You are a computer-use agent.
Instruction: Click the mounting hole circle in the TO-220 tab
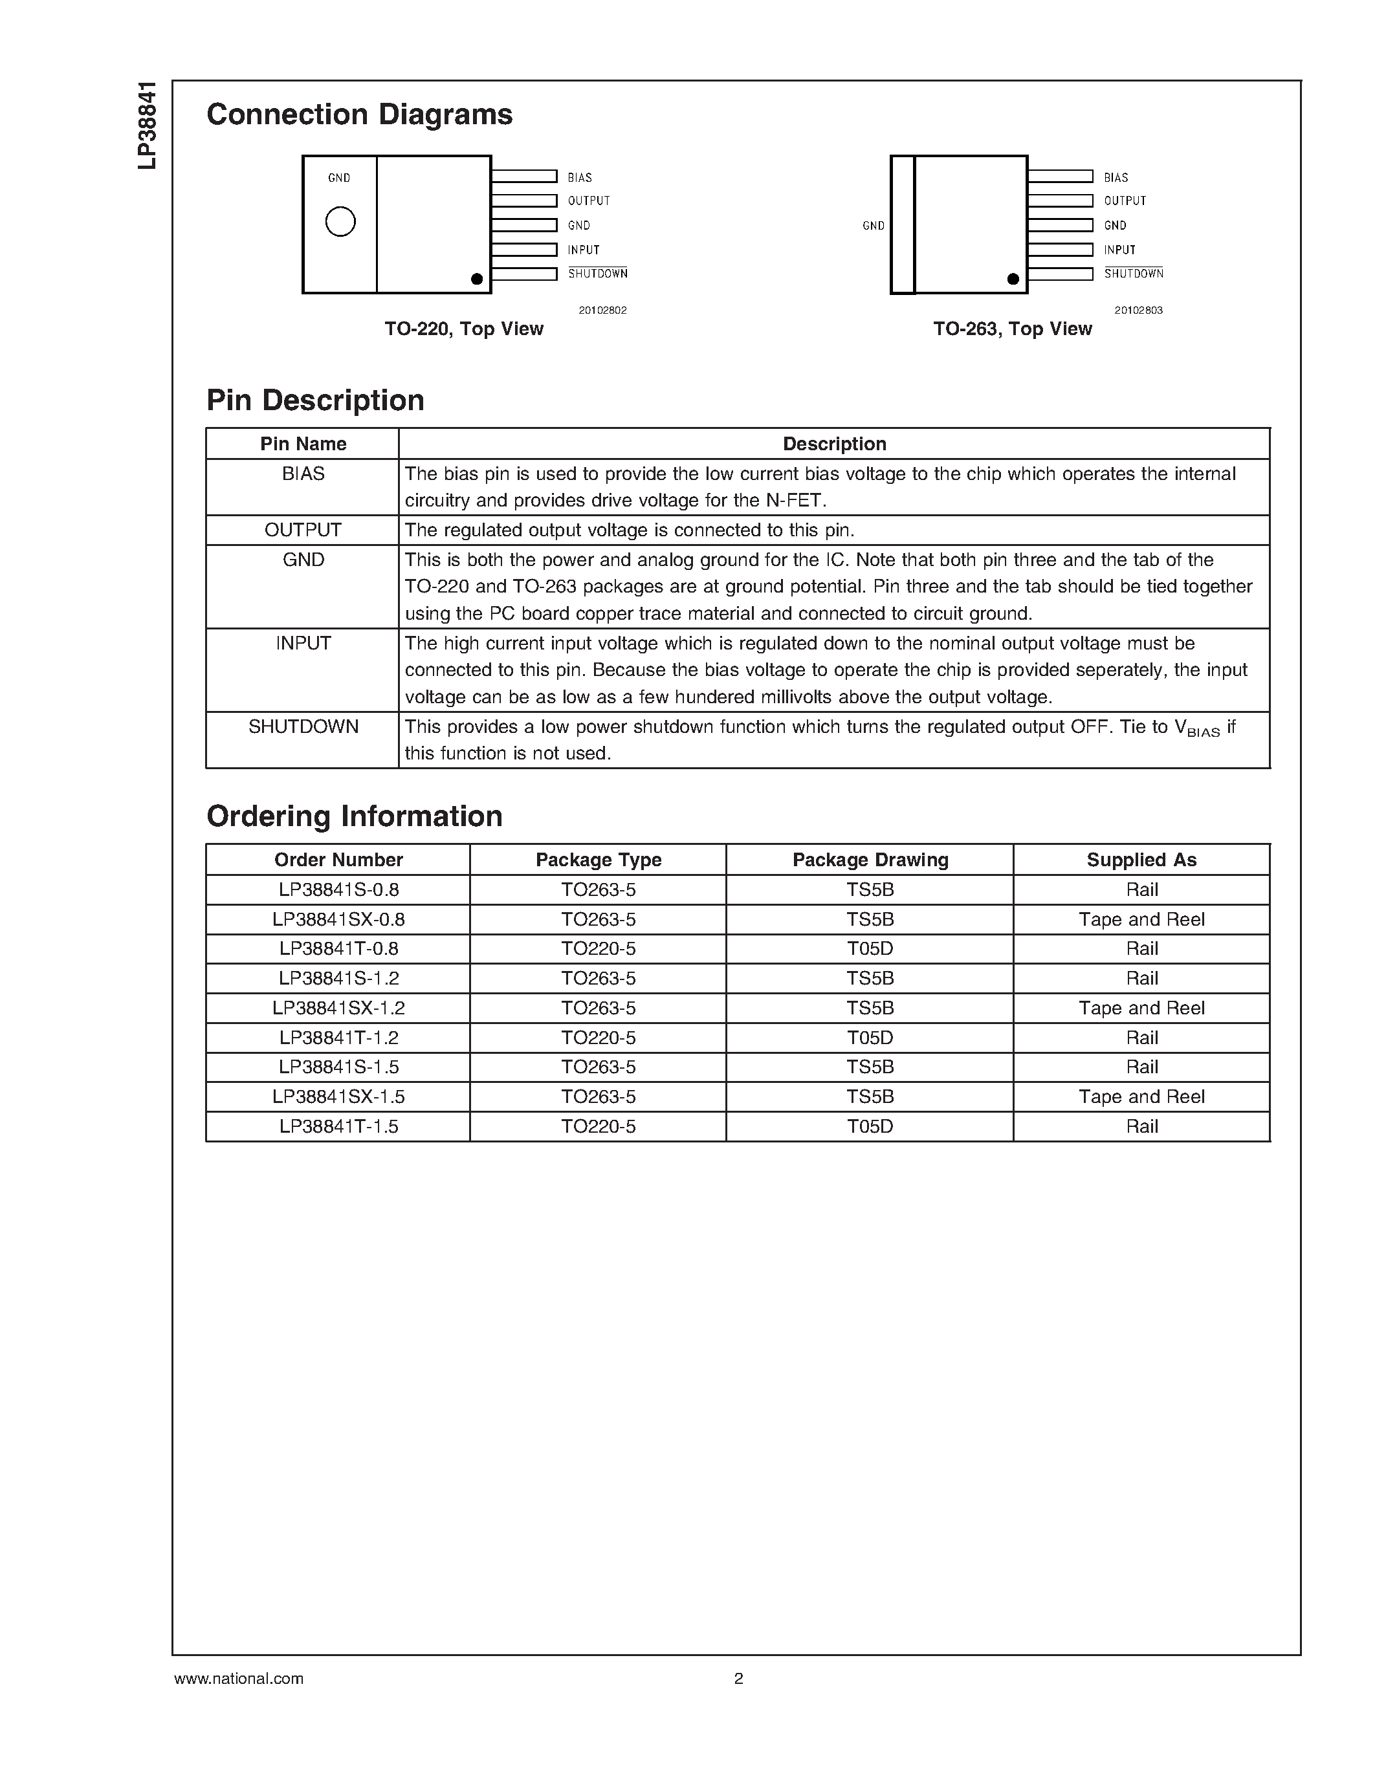pos(340,221)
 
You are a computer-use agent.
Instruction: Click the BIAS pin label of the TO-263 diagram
pos(1116,177)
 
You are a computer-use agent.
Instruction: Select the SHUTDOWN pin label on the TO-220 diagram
pos(598,274)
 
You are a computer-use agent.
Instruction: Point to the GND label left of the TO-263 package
pos(874,226)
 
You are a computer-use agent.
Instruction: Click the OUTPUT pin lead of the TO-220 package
pos(523,201)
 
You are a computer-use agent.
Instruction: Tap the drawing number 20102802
pos(603,311)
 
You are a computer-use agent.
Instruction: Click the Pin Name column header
pos(303,444)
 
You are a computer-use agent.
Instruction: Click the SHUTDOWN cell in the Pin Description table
pos(303,726)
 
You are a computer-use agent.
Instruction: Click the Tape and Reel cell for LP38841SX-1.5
pos(1141,1097)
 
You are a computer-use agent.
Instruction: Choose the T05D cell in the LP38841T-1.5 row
pos(870,1126)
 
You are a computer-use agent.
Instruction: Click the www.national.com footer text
pos(239,1678)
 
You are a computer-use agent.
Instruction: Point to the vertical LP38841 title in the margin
pos(147,126)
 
